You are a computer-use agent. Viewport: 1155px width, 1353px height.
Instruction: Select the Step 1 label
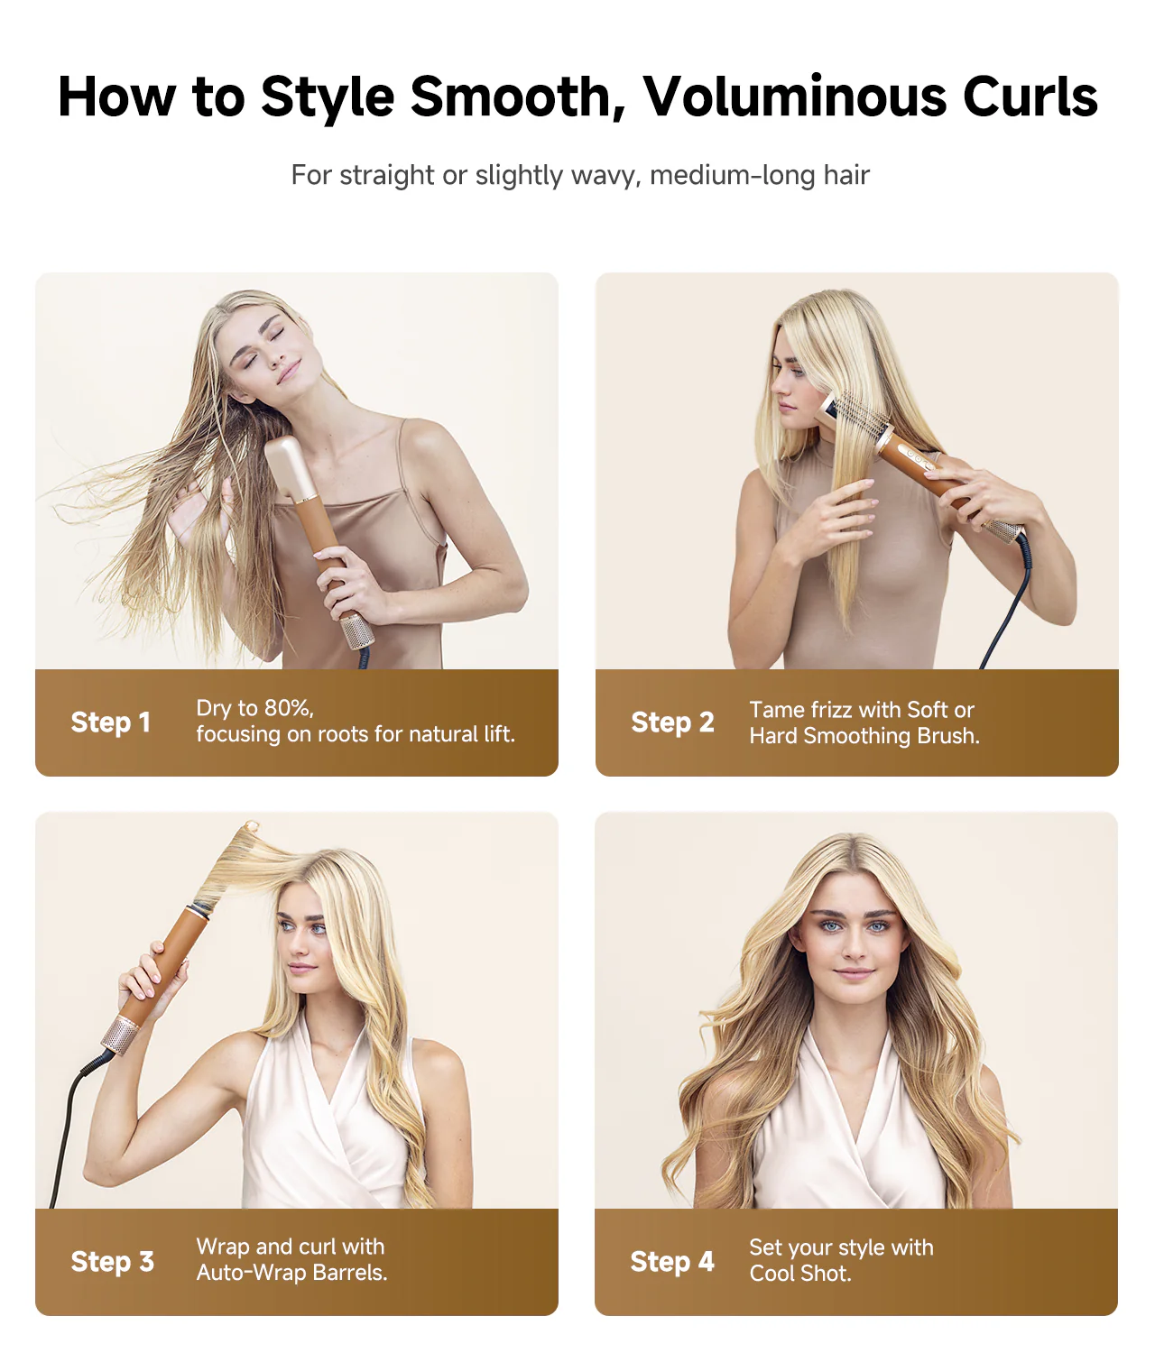(110, 723)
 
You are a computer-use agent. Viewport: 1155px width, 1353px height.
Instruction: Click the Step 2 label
(672, 723)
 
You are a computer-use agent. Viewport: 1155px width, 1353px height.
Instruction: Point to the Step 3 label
(112, 1262)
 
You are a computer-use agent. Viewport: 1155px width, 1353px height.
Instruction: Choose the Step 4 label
(671, 1262)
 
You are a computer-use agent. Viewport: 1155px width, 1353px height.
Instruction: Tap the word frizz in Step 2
(827, 710)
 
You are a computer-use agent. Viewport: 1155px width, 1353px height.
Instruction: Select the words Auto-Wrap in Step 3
(250, 1273)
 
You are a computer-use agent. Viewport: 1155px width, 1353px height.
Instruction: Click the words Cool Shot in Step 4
(799, 1274)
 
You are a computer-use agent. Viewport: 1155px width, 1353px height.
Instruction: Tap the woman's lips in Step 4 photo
(854, 973)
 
